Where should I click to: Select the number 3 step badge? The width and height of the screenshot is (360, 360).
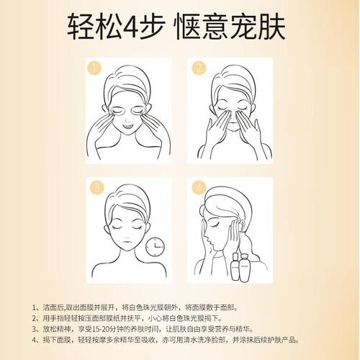(94, 189)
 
